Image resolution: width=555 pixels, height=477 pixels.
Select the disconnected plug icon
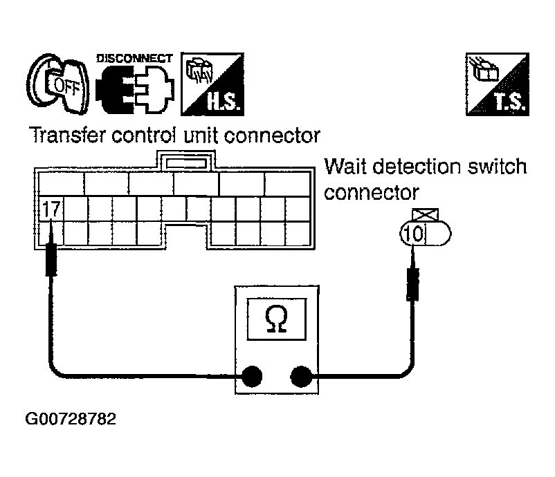click(x=134, y=88)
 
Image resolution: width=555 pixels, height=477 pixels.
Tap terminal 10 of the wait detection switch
click(x=412, y=234)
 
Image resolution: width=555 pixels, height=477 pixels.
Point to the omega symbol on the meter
click(x=275, y=318)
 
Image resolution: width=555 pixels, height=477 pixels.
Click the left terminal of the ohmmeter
click(x=252, y=377)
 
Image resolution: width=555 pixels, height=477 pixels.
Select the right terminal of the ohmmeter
click(x=300, y=377)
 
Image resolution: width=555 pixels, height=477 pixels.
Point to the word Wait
click(x=345, y=167)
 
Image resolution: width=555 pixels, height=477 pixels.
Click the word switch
click(x=504, y=167)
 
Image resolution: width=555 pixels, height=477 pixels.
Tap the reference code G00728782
click(x=71, y=420)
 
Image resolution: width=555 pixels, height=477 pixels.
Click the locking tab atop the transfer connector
click(x=184, y=162)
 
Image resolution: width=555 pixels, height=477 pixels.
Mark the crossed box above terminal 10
click(x=418, y=214)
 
